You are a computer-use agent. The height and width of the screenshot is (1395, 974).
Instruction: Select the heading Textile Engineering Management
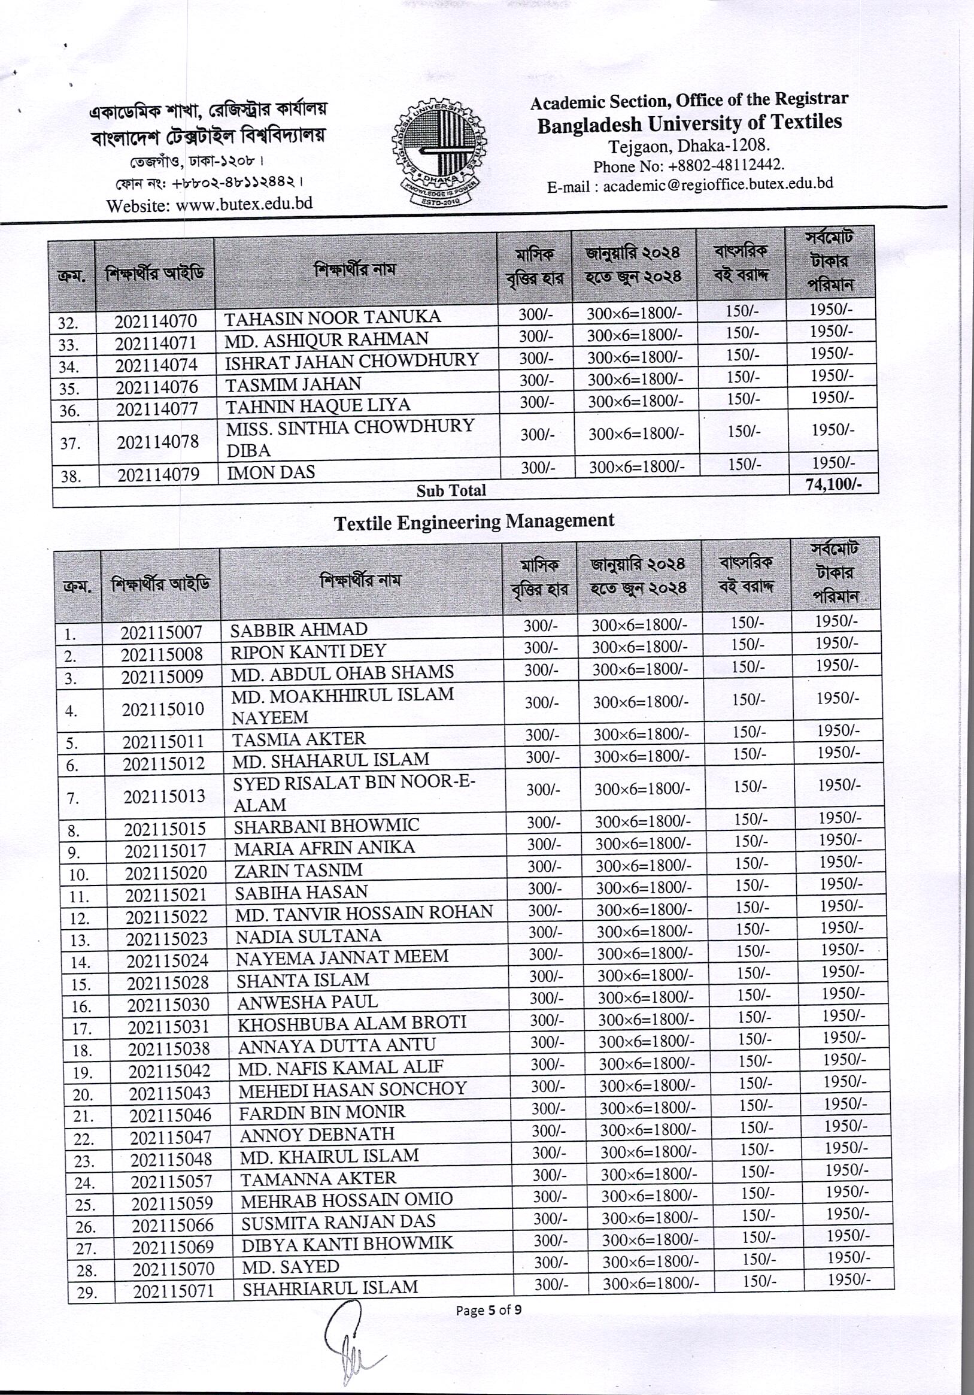pyautogui.click(x=475, y=521)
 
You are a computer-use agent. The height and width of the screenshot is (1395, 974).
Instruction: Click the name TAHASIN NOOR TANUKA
pyautogui.click(x=333, y=317)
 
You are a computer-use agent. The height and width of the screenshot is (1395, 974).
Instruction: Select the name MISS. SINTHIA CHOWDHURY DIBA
pyautogui.click(x=350, y=438)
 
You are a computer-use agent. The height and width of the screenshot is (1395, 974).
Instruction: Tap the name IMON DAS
pyautogui.click(x=271, y=472)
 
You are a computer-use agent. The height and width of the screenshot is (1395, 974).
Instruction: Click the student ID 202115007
pyautogui.click(x=161, y=632)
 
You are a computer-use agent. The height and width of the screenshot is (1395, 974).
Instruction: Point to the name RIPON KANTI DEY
pyautogui.click(x=308, y=651)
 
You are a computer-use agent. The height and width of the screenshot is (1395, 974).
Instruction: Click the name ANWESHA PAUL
pyautogui.click(x=307, y=1001)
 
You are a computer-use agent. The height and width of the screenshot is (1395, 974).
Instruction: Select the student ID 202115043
pyautogui.click(x=169, y=1094)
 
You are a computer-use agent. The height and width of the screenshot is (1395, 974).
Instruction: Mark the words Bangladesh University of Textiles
pyautogui.click(x=690, y=123)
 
